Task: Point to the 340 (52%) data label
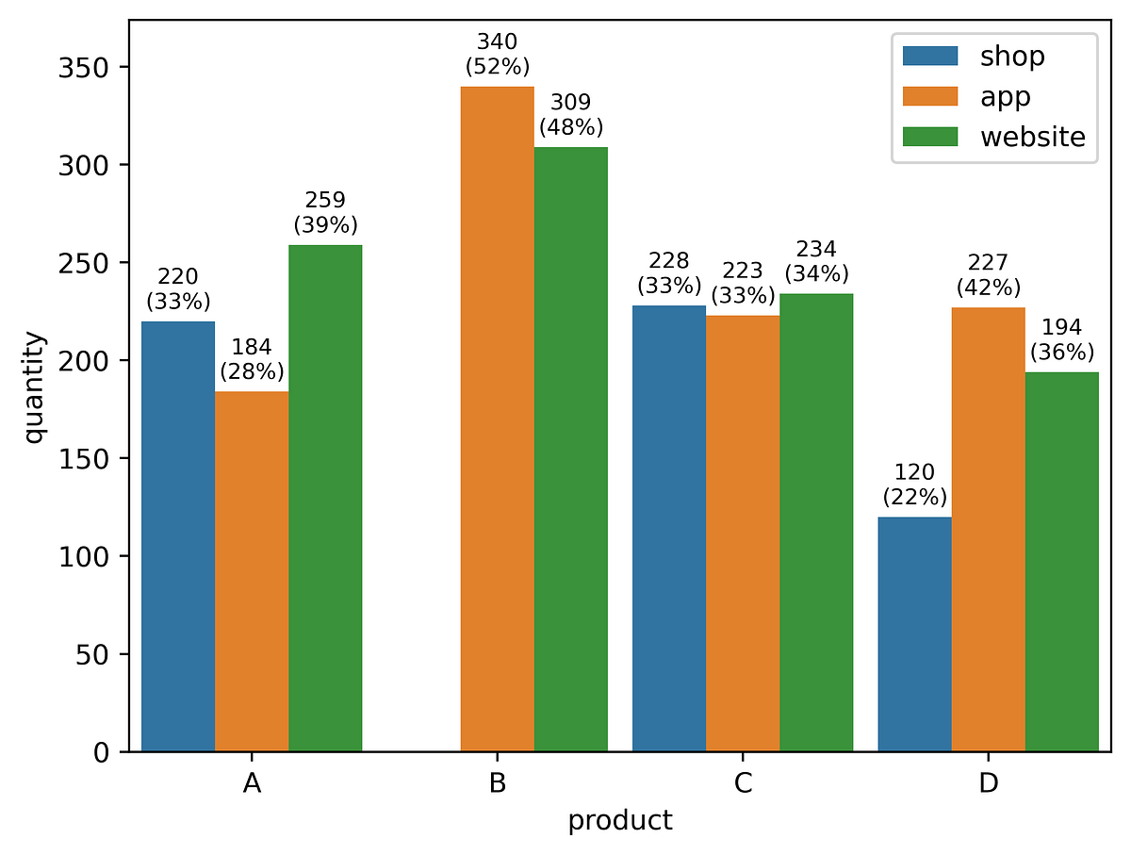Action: (x=498, y=55)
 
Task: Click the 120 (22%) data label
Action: (x=914, y=485)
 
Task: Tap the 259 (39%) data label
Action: (x=325, y=213)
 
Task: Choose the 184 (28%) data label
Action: (x=252, y=359)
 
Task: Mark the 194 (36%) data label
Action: (x=1062, y=340)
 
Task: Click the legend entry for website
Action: (x=1032, y=137)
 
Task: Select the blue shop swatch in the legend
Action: (x=930, y=57)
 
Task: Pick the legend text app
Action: (x=1005, y=96)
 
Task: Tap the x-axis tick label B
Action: (x=498, y=782)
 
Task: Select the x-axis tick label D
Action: (x=989, y=782)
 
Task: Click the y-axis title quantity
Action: (x=34, y=386)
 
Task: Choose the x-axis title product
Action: (x=619, y=821)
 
